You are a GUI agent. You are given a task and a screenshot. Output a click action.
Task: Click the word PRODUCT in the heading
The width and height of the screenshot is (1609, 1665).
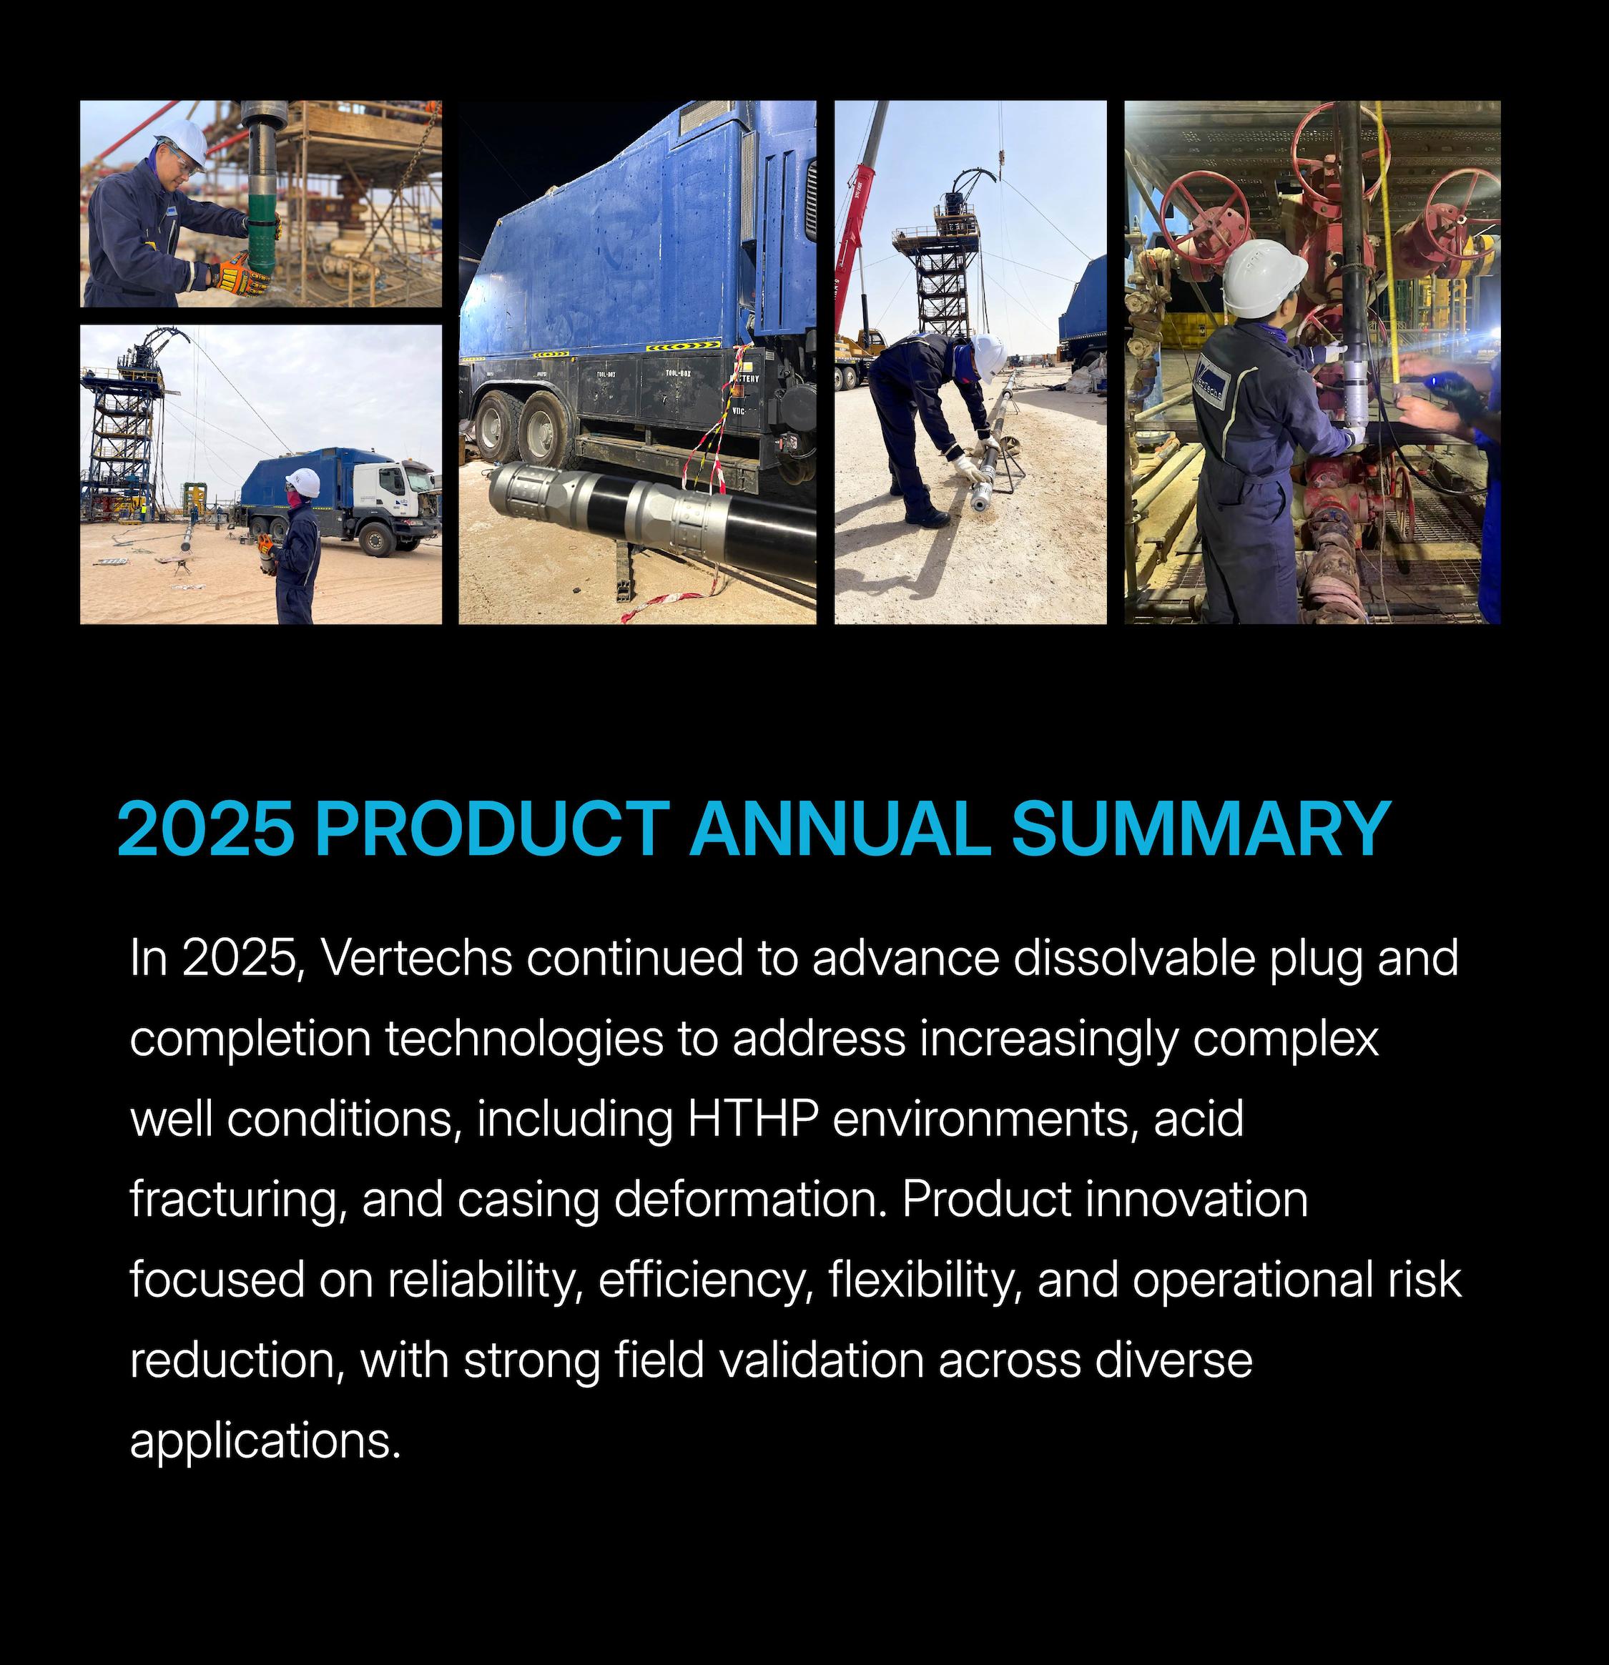492,829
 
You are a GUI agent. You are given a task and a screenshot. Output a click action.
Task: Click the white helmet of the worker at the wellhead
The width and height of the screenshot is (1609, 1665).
1264,278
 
